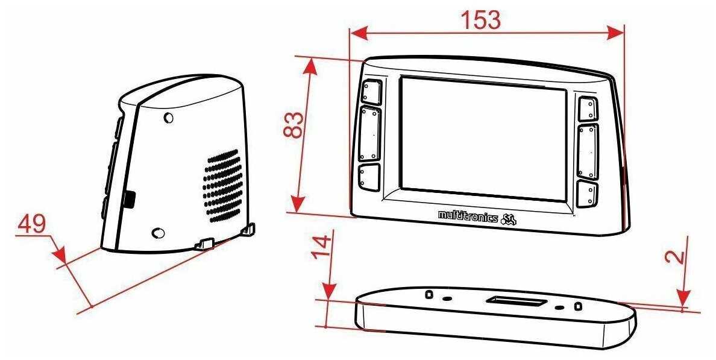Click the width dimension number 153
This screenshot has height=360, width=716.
click(x=480, y=20)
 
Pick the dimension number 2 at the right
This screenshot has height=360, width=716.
click(x=677, y=256)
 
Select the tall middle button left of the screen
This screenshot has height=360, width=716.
click(x=371, y=134)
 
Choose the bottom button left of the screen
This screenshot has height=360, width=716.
click(x=369, y=178)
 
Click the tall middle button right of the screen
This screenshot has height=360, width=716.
click(x=588, y=152)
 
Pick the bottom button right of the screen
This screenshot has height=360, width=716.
click(x=586, y=194)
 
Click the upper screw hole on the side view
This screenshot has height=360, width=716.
click(x=169, y=118)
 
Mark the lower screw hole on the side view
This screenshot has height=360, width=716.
click(x=159, y=233)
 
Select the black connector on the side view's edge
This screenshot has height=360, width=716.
click(x=129, y=199)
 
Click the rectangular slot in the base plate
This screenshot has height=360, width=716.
click(x=517, y=300)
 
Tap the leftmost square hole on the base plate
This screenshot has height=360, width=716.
click(x=429, y=294)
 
